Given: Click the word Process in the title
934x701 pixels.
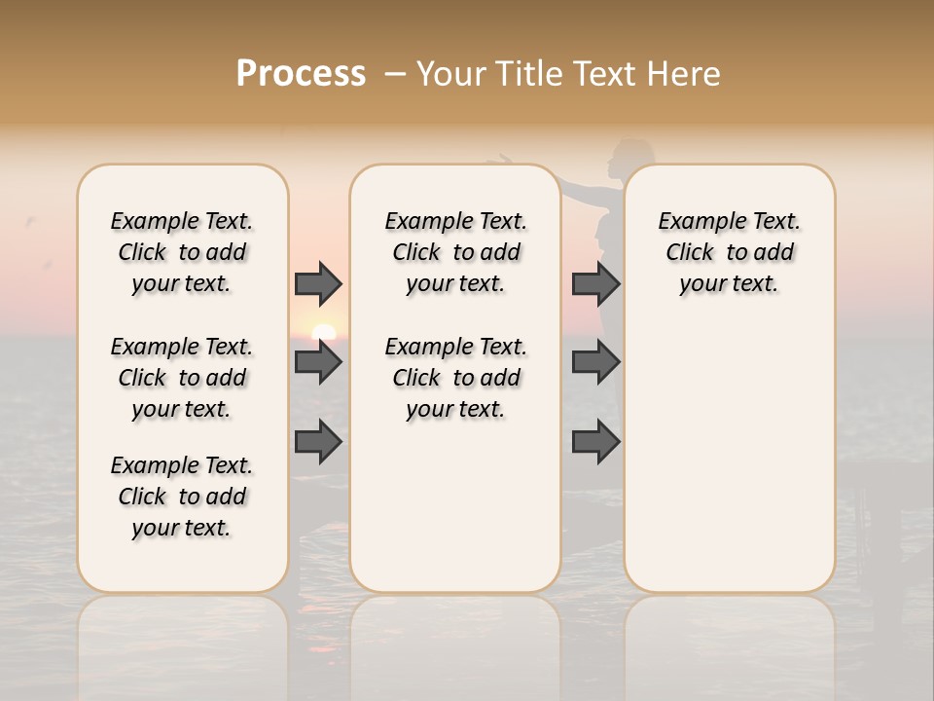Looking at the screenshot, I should coord(301,73).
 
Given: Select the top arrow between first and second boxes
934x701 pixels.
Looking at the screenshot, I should coord(318,283).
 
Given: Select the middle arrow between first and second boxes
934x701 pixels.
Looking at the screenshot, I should coord(318,362).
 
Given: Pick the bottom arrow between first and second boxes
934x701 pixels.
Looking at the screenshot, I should coord(318,442).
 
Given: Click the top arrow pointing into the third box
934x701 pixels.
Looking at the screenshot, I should coord(595,283).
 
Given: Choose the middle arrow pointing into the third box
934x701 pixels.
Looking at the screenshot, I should coord(595,362).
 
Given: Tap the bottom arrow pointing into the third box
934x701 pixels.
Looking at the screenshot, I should coord(595,442).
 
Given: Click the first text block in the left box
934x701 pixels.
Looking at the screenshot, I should coord(182,252).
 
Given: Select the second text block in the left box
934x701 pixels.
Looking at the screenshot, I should coord(182,378).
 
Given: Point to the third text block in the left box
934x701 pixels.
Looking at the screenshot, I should coord(182,497).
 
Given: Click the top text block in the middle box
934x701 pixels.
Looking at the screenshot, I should coord(455,252).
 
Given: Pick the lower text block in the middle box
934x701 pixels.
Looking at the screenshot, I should coord(455,378).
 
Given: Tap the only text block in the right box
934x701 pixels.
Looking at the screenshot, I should coord(729,252).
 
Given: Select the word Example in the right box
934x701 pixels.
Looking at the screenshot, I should coord(695,222).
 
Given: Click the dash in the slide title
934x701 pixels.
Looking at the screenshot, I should coord(394,74).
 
